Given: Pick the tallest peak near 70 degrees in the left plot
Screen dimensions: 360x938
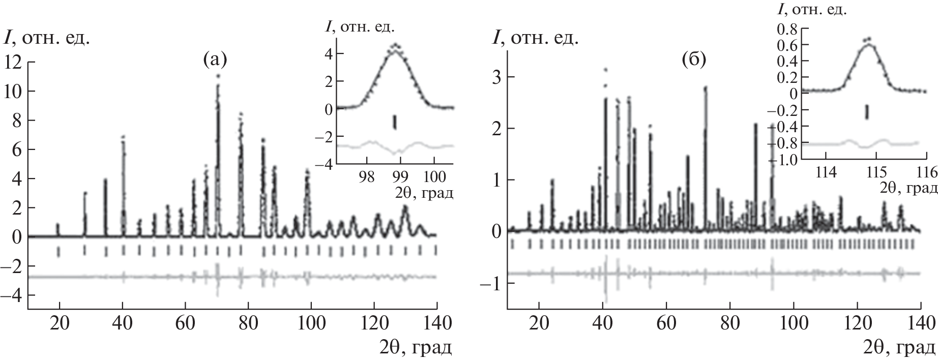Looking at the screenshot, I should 218,76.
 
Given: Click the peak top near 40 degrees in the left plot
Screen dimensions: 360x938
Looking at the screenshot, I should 123,137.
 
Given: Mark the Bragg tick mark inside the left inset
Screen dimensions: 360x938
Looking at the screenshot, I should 395,122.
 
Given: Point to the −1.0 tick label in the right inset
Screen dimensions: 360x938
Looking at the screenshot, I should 781,159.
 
